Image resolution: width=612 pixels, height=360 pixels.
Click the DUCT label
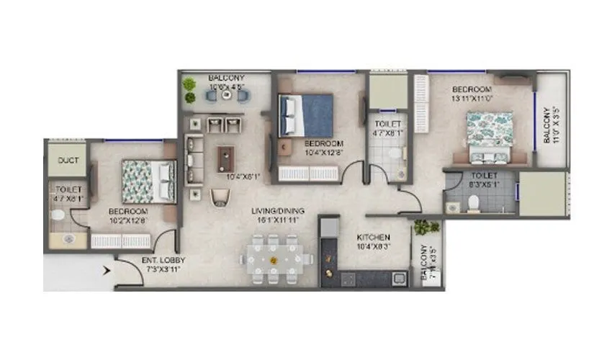[x=68, y=161]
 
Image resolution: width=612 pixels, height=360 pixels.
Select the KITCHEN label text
[x=374, y=237]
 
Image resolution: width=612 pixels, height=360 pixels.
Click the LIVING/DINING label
[x=278, y=211]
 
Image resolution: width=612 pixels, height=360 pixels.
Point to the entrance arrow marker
[x=107, y=271]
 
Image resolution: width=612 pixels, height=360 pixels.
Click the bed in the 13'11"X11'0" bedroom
[x=490, y=133]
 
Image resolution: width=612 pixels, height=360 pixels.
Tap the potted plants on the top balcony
[x=189, y=89]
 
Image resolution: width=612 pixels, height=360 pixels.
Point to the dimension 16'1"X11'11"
[x=278, y=220]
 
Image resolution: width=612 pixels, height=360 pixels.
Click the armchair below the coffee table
[x=218, y=197]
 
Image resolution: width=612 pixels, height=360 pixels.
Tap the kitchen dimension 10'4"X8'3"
[x=374, y=247]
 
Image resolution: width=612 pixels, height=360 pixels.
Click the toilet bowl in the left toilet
[x=58, y=214]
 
